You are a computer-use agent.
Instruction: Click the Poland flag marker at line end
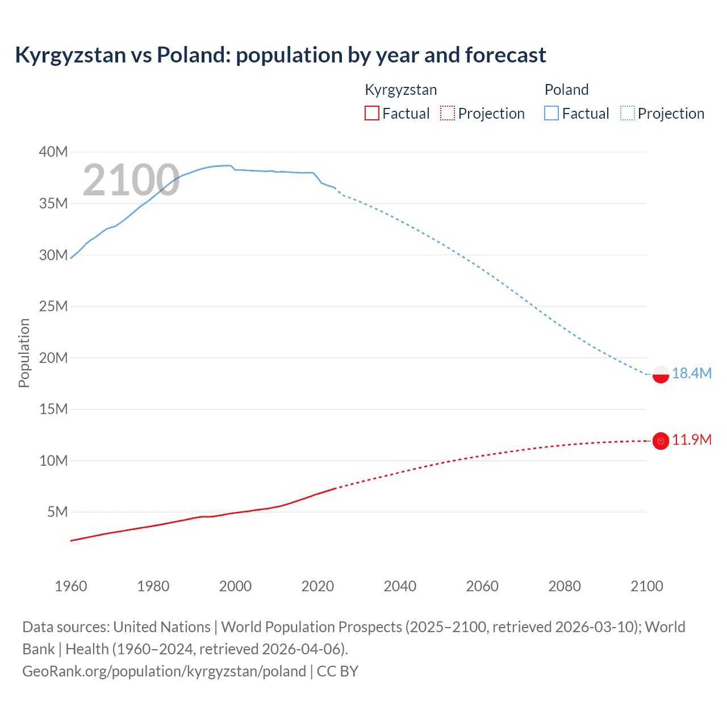(x=661, y=374)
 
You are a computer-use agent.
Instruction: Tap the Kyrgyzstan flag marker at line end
(x=661, y=441)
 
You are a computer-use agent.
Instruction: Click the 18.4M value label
(x=691, y=373)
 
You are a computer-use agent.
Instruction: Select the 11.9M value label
(x=691, y=440)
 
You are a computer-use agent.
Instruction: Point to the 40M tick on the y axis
(x=53, y=152)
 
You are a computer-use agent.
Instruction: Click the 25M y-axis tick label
(x=53, y=306)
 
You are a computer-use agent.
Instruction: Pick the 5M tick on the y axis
(x=57, y=512)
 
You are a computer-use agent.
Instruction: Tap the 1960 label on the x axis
(x=71, y=586)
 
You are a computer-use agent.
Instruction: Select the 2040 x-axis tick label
(x=400, y=586)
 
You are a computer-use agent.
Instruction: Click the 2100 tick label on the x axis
(x=646, y=586)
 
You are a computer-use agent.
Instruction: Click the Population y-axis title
(x=24, y=353)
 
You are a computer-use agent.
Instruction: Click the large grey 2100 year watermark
(x=131, y=181)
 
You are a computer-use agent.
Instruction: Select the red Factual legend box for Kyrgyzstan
(x=371, y=114)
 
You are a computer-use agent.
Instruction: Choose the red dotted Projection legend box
(x=448, y=114)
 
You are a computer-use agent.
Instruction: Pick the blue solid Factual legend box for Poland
(x=551, y=114)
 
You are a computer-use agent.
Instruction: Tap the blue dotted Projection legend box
(x=628, y=114)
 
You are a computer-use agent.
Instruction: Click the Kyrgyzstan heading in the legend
(x=400, y=90)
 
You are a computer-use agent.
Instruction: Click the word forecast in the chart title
(x=505, y=55)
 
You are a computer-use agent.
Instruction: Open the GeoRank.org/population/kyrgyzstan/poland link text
(x=164, y=671)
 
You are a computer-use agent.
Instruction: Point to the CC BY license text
(x=337, y=671)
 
